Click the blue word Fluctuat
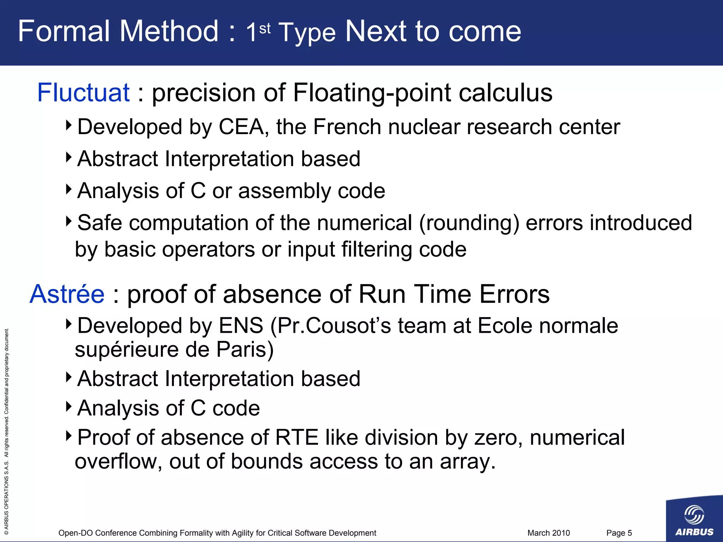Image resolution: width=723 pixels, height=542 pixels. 83,93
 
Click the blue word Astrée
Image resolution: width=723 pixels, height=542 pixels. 67,294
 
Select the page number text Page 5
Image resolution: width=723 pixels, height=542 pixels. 619,533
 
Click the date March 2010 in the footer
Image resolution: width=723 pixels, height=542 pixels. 548,533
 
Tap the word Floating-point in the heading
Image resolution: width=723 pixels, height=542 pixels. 372,93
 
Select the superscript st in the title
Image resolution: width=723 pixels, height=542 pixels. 265,28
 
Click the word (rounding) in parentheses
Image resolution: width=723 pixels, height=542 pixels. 469,223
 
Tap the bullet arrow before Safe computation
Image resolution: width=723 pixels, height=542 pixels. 69,221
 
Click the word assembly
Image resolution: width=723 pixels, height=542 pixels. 285,191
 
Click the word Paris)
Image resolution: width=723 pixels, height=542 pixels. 245,349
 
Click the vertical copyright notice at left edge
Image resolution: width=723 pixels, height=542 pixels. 6,430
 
